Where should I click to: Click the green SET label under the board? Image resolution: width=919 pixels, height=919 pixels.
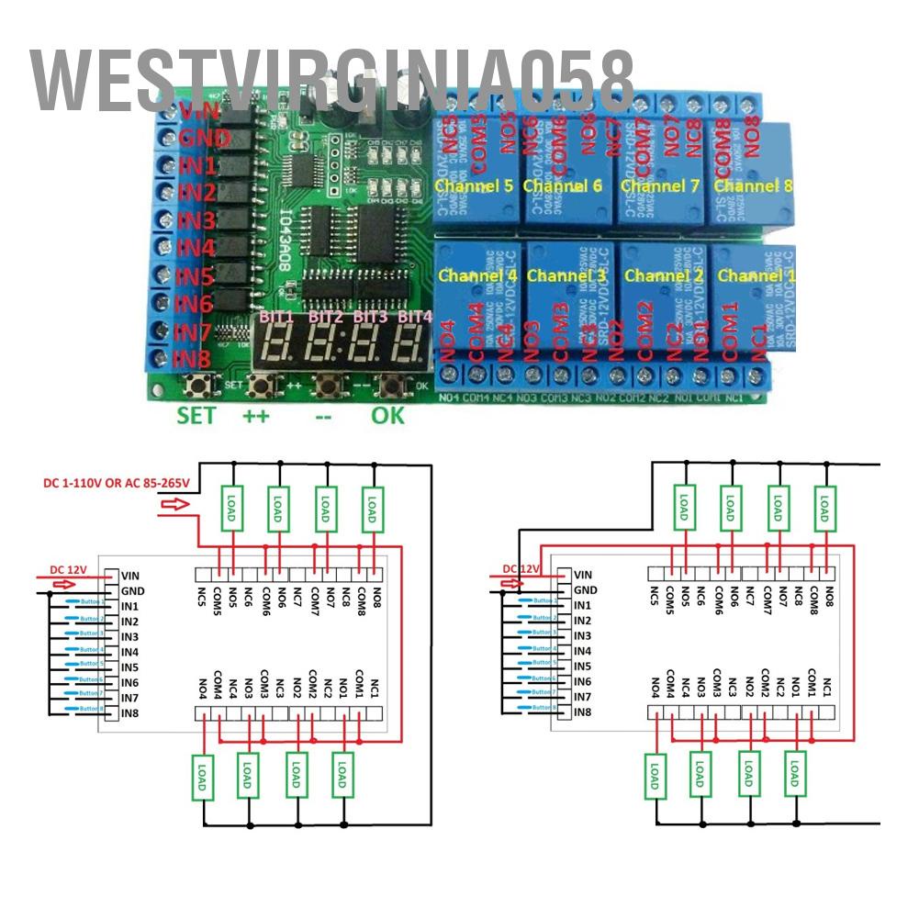196,415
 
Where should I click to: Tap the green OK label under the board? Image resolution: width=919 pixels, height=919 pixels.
387,415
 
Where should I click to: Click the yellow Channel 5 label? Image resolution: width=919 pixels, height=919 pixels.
474,186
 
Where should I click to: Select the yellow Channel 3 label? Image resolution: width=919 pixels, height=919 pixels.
567,275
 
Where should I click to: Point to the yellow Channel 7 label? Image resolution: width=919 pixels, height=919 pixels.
660,186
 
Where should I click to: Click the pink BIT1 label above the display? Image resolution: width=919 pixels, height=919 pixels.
276,318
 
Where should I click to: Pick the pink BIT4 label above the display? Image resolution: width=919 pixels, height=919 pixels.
415,318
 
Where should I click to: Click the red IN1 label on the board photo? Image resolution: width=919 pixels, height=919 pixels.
196,166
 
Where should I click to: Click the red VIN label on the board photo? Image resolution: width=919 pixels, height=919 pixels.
198,112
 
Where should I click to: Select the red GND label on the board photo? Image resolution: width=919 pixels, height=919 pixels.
198,139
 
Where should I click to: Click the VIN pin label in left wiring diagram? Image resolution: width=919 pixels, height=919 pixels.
130,576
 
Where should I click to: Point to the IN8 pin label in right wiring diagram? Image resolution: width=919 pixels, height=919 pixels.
583,712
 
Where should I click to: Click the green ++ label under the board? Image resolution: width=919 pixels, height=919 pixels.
255,415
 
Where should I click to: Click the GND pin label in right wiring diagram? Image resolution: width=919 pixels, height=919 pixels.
585,589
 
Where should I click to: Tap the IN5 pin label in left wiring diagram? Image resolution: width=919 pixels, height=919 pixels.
130,667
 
